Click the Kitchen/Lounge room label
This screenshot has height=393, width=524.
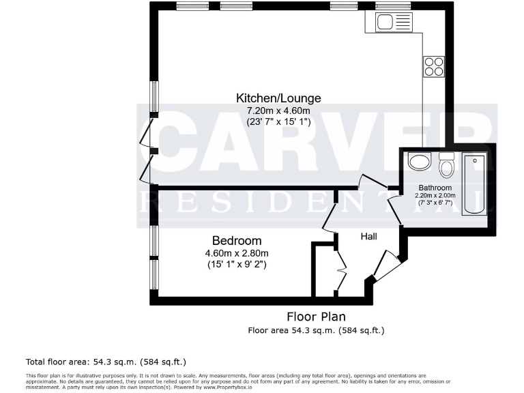278,98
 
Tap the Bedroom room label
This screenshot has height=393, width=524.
237,241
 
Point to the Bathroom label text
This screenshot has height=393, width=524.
435,188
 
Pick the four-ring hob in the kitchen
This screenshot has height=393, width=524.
433,65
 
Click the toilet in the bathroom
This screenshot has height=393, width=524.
447,164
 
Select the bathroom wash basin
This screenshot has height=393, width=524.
418,162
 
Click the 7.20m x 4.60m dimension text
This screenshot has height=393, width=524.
278,111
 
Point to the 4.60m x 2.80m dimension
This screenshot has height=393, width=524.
237,254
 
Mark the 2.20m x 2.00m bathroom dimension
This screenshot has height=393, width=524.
435,195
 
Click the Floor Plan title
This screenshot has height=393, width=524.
315,317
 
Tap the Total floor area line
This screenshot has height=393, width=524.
106,361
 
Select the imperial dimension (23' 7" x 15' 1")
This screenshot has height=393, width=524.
278,122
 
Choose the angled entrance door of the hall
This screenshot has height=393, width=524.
386,266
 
